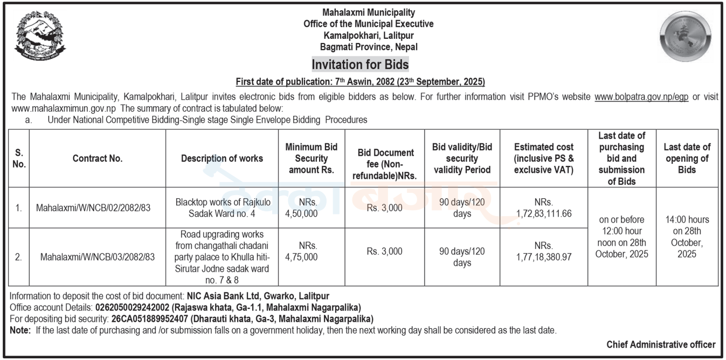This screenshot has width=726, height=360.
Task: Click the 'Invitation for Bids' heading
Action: click(x=360, y=65)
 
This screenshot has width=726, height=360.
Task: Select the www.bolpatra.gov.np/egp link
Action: click(x=641, y=97)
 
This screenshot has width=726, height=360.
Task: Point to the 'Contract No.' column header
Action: click(x=98, y=158)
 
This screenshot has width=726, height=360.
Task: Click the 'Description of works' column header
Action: click(x=222, y=158)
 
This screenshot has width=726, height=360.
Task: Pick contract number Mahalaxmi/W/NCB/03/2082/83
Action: click(x=98, y=257)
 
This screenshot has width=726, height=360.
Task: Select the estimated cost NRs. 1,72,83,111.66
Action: click(x=543, y=207)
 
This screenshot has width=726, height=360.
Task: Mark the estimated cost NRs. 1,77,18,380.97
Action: click(x=543, y=252)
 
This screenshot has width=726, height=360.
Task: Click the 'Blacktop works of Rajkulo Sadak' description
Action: click(x=222, y=207)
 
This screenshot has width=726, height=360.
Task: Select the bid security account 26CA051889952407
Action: click(x=150, y=319)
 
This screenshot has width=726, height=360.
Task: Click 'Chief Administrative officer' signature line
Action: click(x=661, y=344)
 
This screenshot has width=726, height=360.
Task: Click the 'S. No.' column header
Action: click(x=19, y=158)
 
